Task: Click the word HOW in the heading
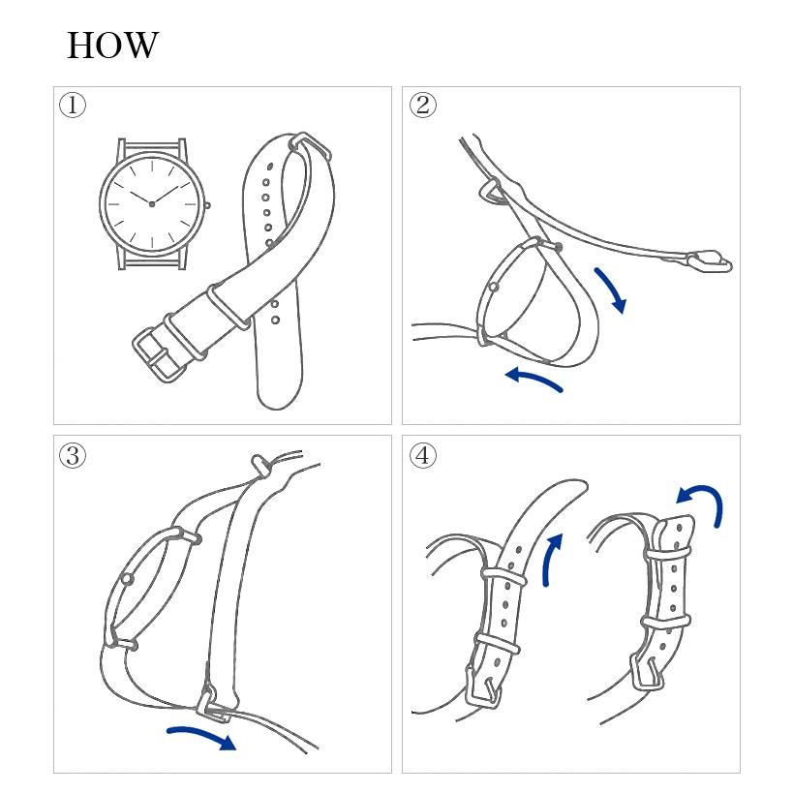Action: tap(112, 45)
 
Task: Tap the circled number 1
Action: tap(73, 105)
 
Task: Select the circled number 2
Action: tap(423, 105)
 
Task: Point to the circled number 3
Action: tap(73, 455)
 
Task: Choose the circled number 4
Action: tap(423, 455)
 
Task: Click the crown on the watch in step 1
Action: tap(207, 205)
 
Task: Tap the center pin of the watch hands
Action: tap(152, 203)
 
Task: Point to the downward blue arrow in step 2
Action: tap(611, 290)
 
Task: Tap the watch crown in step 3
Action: tap(127, 579)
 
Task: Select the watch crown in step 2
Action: tap(494, 288)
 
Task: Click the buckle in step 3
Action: tap(211, 703)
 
